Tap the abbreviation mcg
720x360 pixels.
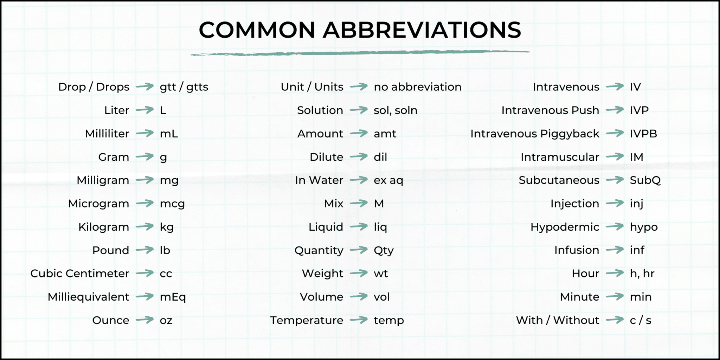pos(172,204)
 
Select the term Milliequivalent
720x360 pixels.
pos(89,297)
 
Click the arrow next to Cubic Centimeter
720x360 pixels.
pos(144,273)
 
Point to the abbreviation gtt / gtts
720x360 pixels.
pos(184,87)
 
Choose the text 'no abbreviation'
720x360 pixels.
pos(418,87)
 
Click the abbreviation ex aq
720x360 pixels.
pos(388,180)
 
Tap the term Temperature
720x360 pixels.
pos(307,320)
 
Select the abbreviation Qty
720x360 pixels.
pos(384,251)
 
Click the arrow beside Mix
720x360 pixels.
pos(359,203)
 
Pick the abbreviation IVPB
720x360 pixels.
pos(643,134)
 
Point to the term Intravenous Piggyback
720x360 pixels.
pos(535,134)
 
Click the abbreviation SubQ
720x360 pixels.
pos(645,180)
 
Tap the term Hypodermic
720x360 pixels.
pos(565,227)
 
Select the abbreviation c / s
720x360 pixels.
pos(641,320)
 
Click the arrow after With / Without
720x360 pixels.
pos(615,320)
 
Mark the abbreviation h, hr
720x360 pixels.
pos(642,274)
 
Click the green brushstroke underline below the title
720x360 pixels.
pos(360,53)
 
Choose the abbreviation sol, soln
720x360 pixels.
pos(396,110)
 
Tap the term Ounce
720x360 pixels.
pos(111,320)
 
